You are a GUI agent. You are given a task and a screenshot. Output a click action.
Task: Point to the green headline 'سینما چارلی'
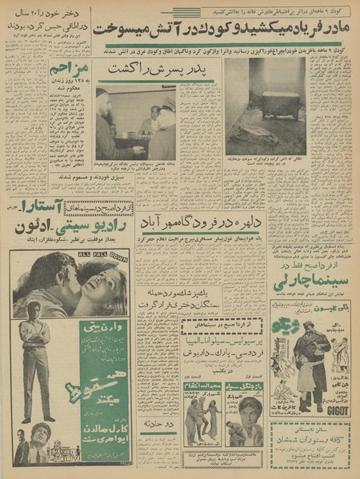click(311, 281)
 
